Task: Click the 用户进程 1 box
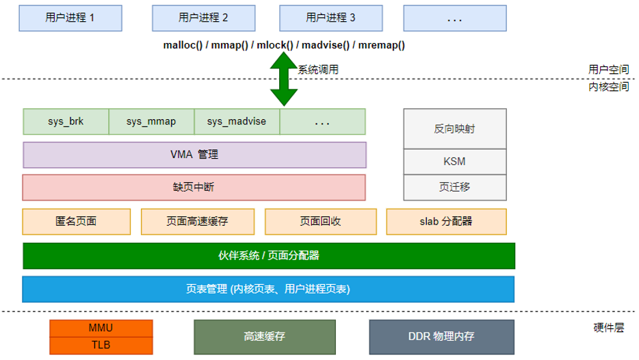(x=70, y=18)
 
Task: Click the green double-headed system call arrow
(x=284, y=79)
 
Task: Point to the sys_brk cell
(x=66, y=121)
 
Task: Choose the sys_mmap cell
(x=151, y=121)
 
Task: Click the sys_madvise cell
(x=237, y=121)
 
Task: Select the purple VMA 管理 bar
(x=194, y=155)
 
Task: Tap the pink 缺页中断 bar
(x=194, y=187)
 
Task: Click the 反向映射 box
(x=455, y=129)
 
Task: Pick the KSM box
(x=455, y=162)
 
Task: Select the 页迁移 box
(x=455, y=187)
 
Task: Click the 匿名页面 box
(x=76, y=221)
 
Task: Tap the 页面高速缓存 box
(x=197, y=221)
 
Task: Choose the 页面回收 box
(x=320, y=221)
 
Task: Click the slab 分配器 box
(x=446, y=221)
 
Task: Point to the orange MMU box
(x=101, y=328)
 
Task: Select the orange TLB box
(x=101, y=345)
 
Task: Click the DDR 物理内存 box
(x=441, y=336)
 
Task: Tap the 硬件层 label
(x=608, y=328)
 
